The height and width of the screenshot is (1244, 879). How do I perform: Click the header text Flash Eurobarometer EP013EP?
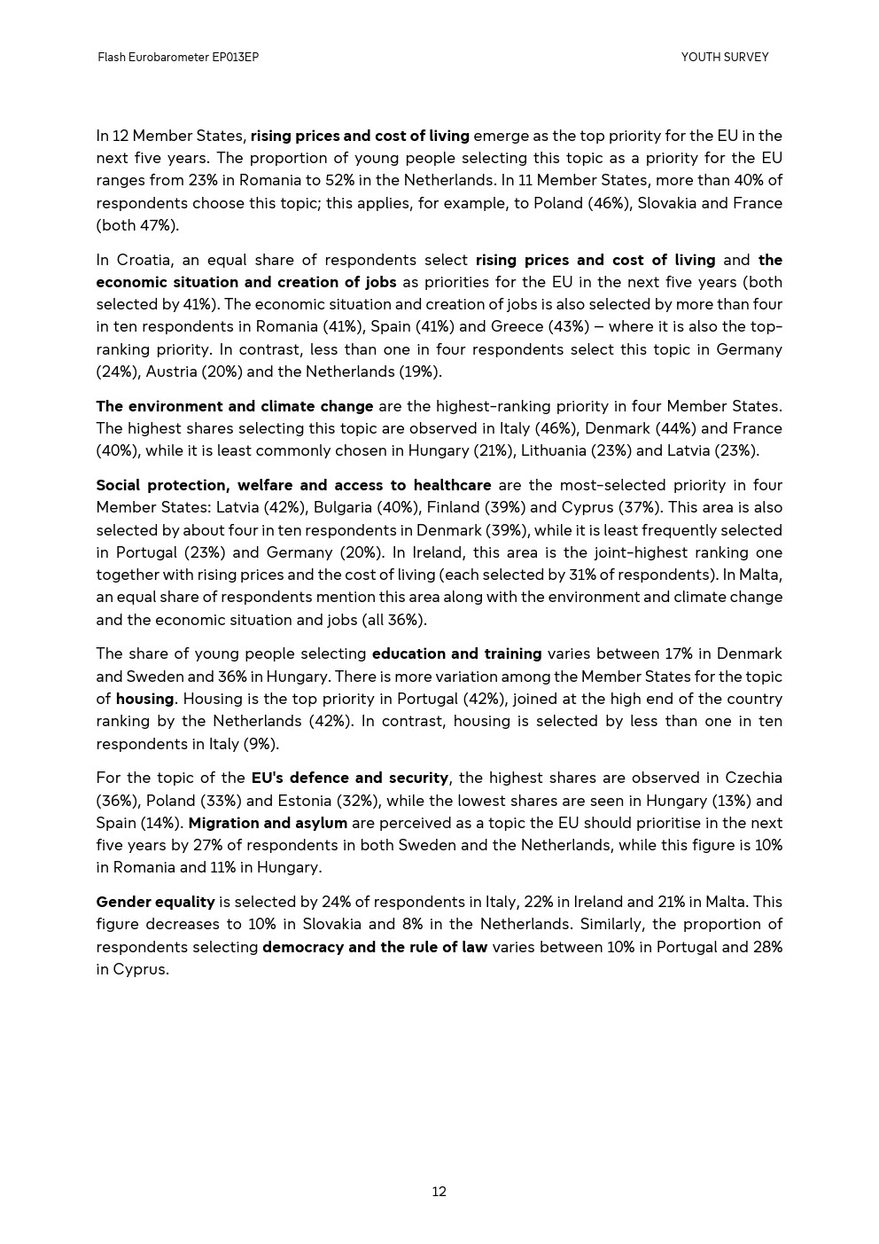[x=178, y=58]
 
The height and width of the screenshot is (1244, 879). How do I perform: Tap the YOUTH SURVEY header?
[x=724, y=58]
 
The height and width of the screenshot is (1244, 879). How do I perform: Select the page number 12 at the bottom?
[x=439, y=1192]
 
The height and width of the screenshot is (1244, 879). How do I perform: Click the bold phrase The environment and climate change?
[x=235, y=406]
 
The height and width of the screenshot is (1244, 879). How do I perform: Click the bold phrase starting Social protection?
[x=293, y=485]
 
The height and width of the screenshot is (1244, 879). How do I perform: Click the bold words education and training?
[x=456, y=653]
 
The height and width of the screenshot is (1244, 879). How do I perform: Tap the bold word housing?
[x=144, y=699]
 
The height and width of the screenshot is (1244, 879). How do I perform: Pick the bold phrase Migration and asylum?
[x=268, y=823]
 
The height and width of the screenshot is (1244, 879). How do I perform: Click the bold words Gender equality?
[x=155, y=902]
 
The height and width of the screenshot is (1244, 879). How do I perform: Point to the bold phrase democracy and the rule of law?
[x=375, y=947]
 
